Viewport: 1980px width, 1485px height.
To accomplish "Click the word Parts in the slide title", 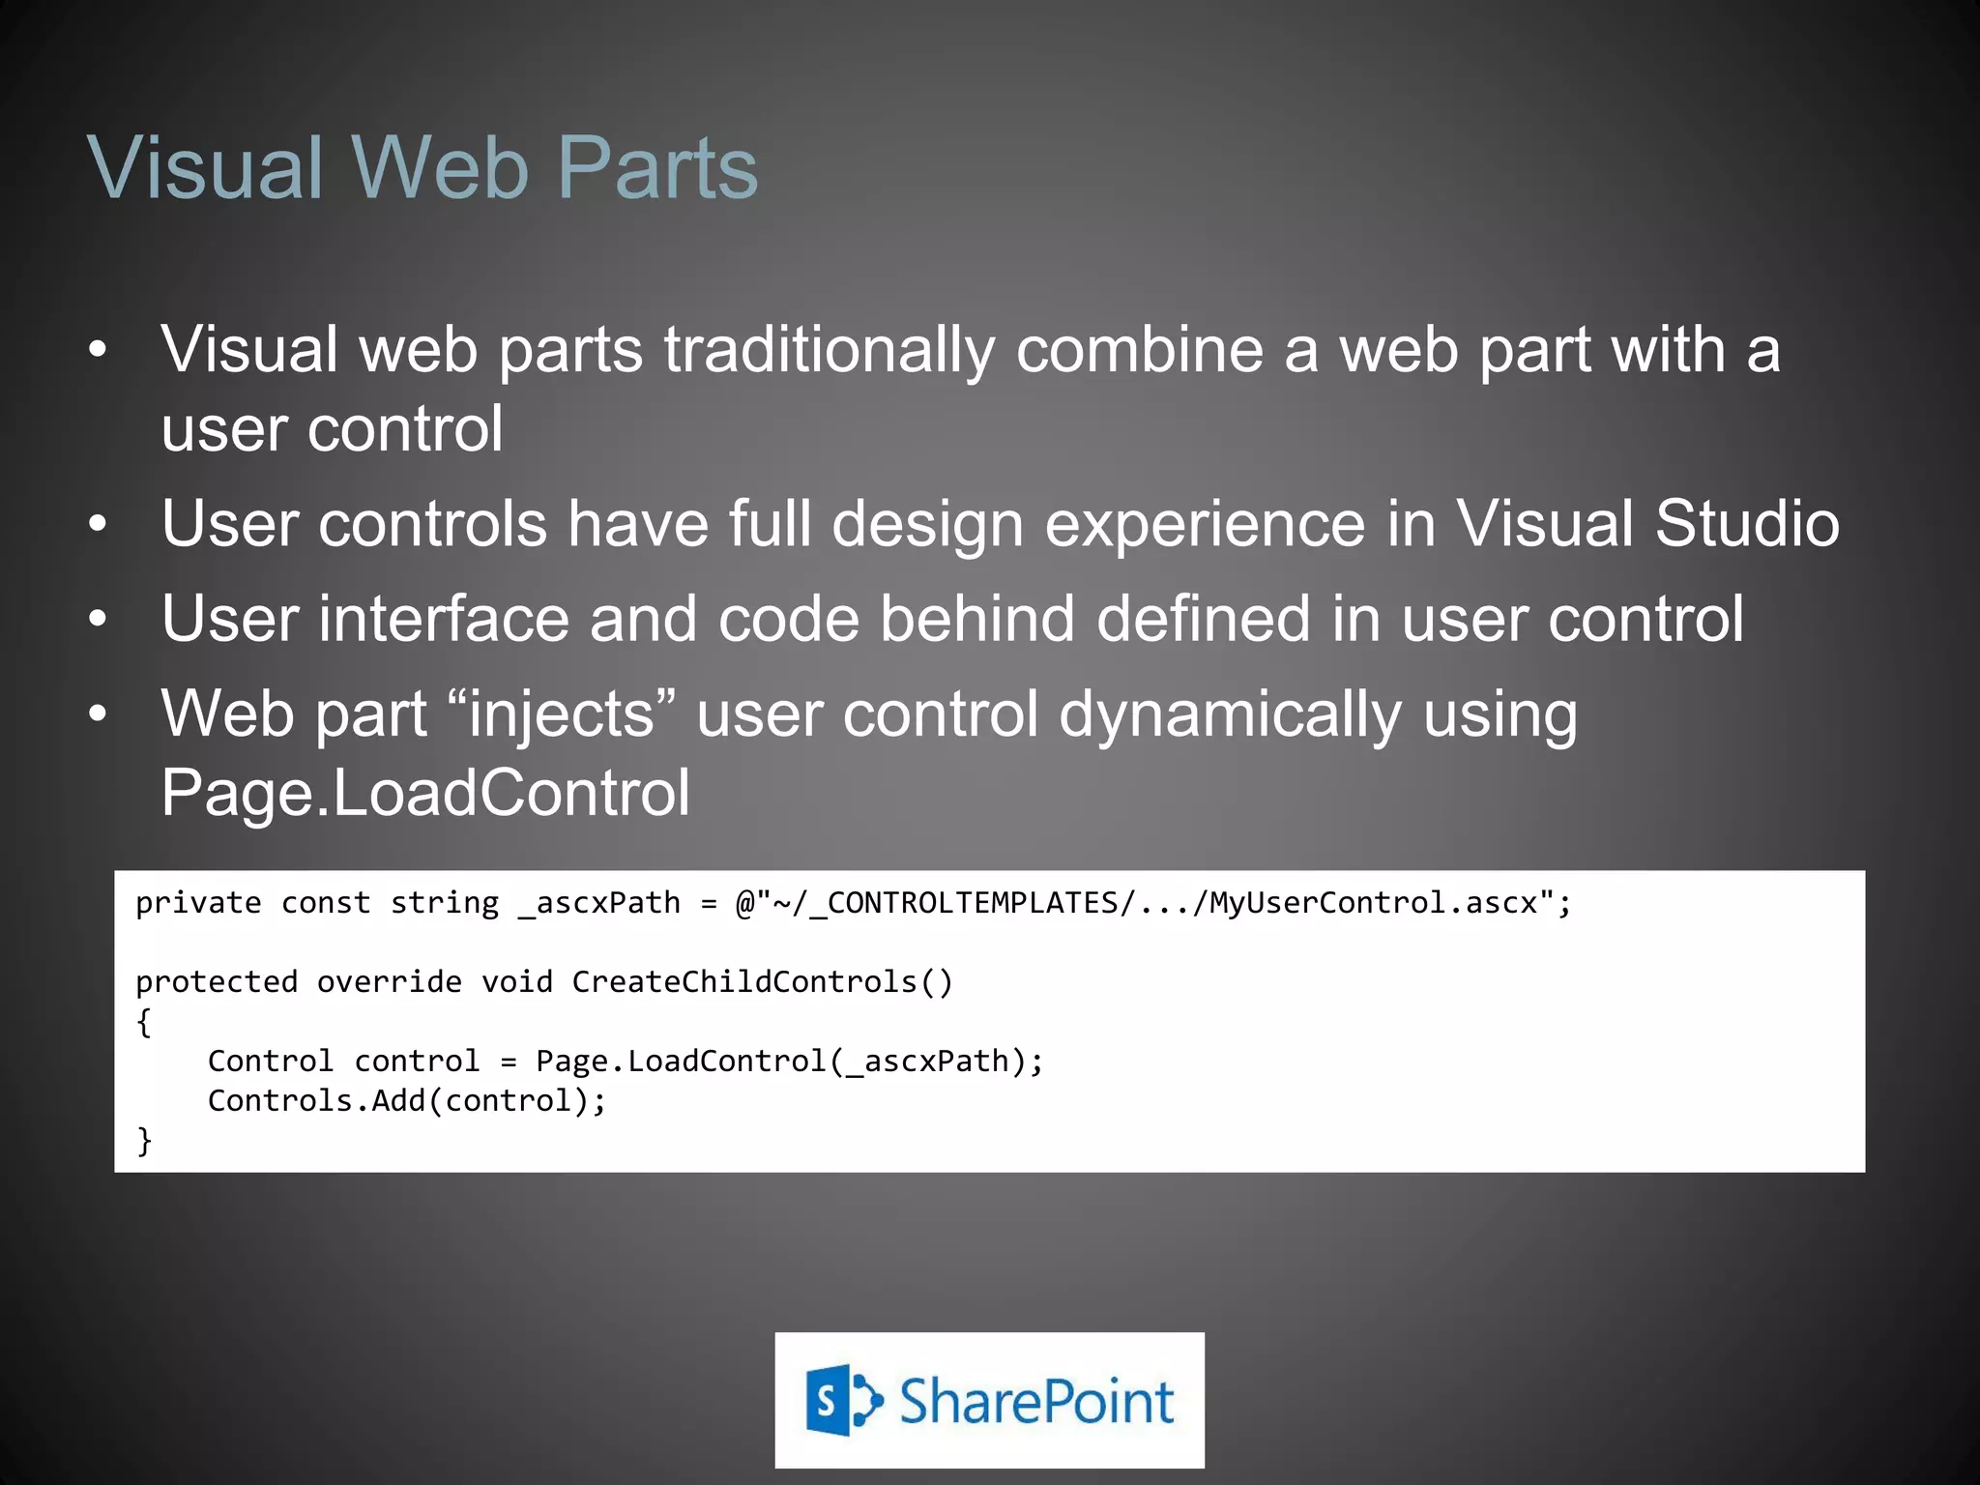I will coord(657,167).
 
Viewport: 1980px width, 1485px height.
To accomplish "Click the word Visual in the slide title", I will coord(205,167).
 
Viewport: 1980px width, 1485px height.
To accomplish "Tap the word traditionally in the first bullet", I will coord(829,350).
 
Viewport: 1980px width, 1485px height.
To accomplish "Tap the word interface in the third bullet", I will coord(444,619).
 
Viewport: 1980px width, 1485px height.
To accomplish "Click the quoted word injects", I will coord(562,715).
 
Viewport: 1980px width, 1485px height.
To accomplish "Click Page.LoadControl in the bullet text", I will coord(425,794).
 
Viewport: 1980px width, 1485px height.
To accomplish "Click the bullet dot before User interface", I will coord(98,619).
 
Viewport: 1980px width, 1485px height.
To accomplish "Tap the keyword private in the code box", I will coord(198,903).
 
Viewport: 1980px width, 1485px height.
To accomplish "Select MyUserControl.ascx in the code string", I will coord(1373,903).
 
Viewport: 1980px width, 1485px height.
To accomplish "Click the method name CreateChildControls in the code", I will coord(744,982).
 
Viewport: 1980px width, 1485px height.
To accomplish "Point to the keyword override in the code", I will coord(389,982).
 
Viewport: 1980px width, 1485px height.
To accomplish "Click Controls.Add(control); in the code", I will coord(407,1101).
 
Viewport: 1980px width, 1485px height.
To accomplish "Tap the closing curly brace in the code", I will coord(144,1141).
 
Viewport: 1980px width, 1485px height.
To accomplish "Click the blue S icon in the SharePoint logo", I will coord(830,1400).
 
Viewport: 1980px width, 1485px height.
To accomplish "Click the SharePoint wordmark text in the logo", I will coord(1036,1401).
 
